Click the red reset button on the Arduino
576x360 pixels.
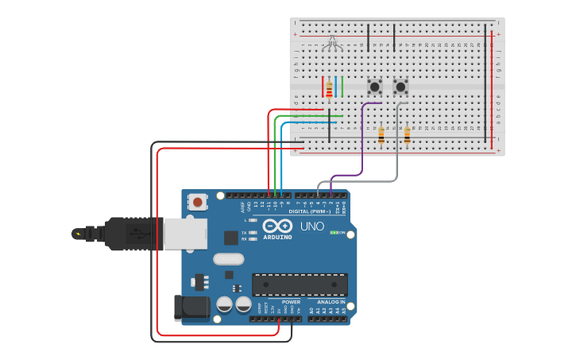click(x=198, y=203)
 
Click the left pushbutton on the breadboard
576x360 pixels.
click(x=374, y=86)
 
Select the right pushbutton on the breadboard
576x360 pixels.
click(x=400, y=86)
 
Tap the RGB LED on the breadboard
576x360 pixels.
click(x=334, y=43)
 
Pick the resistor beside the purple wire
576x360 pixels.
click(x=381, y=136)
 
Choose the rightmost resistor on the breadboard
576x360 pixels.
click(x=408, y=136)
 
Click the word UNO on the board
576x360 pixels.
click(x=312, y=226)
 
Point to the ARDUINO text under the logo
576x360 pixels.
click(x=277, y=237)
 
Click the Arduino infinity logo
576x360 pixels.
click(x=277, y=226)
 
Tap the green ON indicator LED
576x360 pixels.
click(x=334, y=233)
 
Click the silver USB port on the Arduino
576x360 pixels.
click(x=185, y=234)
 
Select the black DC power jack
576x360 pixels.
click(x=191, y=308)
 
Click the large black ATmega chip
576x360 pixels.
click(x=300, y=285)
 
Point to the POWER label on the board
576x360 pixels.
click(x=291, y=302)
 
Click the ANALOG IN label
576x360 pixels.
click(x=331, y=302)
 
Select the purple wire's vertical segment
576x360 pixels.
click(x=362, y=139)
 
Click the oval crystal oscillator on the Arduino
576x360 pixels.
click(x=228, y=258)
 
